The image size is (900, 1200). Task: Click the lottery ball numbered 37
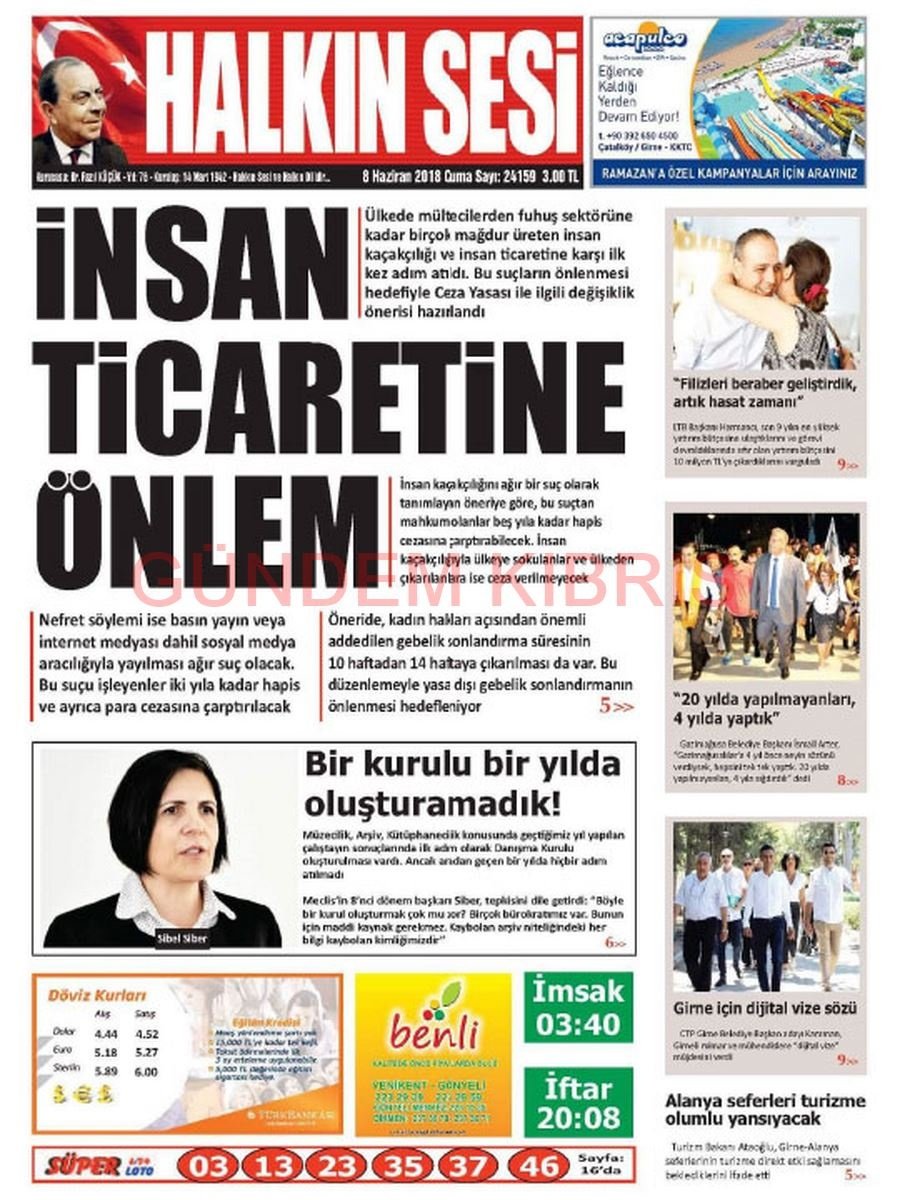(x=466, y=1165)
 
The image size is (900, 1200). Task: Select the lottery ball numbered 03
(x=208, y=1165)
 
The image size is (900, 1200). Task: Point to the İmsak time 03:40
(x=578, y=1023)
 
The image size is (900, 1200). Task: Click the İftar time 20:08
(x=578, y=1117)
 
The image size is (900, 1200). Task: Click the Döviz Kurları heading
(x=97, y=995)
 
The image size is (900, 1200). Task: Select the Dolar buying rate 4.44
(x=106, y=1033)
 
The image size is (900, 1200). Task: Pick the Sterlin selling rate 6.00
(x=146, y=1071)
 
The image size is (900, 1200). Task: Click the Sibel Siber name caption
(x=181, y=938)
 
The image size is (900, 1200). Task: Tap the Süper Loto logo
(x=100, y=1165)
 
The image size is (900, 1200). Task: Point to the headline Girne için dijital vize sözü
(x=765, y=1008)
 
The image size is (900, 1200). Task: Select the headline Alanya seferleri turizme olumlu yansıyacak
(x=765, y=1109)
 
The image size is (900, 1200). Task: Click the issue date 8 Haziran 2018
(x=407, y=174)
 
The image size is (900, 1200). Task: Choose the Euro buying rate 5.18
(x=106, y=1052)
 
